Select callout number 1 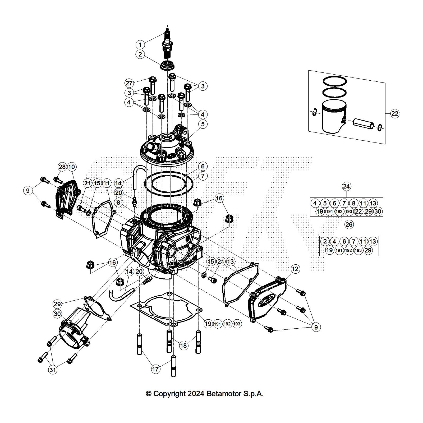coord(140,44)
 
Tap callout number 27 coord(129,83)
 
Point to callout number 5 coord(203,124)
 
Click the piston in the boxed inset coord(334,117)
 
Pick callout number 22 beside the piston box coord(394,114)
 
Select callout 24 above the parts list coord(346,186)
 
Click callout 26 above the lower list coord(349,224)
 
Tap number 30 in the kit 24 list coord(378,211)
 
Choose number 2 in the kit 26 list coord(325,241)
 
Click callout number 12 coord(295,269)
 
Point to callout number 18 coord(183,345)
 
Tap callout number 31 coord(53,369)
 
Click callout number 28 coord(62,167)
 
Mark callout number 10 coord(72,167)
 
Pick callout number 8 coord(118,203)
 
